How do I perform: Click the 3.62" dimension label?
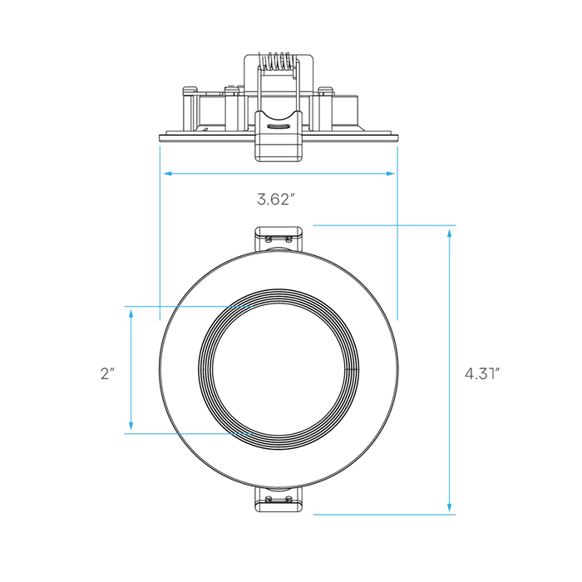(276, 200)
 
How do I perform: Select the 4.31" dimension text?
(482, 373)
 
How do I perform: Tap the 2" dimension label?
(107, 373)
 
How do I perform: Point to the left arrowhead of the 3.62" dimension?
(167, 173)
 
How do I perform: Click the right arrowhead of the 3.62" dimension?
(390, 173)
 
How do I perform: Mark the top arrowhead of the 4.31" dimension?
(450, 233)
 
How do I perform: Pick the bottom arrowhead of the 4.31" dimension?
(450, 507)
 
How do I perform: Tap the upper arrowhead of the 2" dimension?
(131, 314)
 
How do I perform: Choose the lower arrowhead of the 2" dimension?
(131, 426)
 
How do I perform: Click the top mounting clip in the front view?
(279, 239)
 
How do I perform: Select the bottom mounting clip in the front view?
(279, 499)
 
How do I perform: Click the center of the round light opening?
(279, 369)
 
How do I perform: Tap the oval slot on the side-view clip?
(279, 126)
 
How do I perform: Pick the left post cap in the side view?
(190, 89)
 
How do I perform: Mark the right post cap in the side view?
(325, 89)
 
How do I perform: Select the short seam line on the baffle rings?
(351, 369)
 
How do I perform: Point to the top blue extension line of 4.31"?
(384, 225)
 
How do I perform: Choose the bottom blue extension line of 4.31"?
(384, 515)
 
